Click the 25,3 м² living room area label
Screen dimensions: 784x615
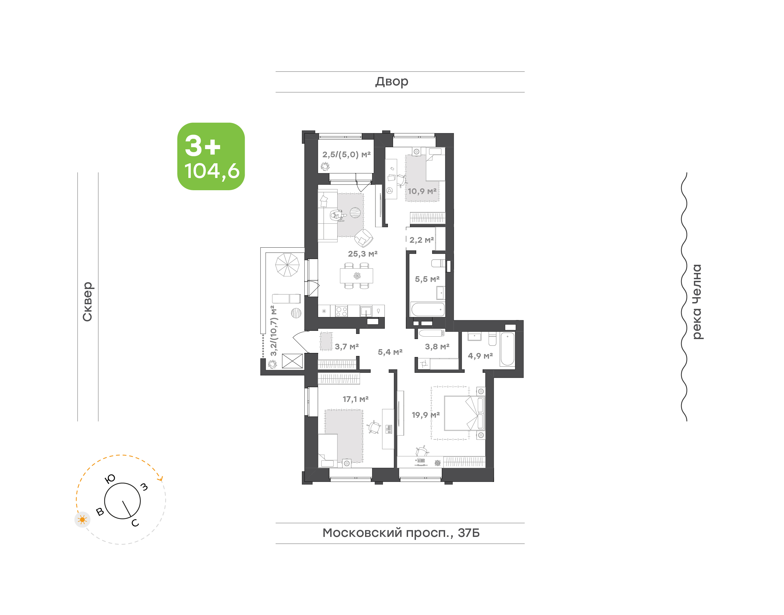coord(362,254)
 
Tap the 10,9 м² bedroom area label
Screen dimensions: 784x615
coord(422,191)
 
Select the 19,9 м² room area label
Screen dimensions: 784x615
coord(426,415)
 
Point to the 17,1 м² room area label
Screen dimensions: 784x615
coord(356,399)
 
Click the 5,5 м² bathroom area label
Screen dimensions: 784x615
coord(427,279)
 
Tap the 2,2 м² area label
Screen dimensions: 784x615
coord(421,240)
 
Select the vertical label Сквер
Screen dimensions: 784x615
coord(87,302)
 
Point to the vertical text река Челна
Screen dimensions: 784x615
coord(697,302)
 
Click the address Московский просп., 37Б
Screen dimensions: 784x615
coord(401,533)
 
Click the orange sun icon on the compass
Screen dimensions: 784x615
coord(82,519)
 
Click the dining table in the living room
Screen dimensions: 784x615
coord(357,276)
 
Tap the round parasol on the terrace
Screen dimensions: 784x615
coord(287,265)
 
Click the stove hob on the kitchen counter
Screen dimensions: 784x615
coord(341,311)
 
